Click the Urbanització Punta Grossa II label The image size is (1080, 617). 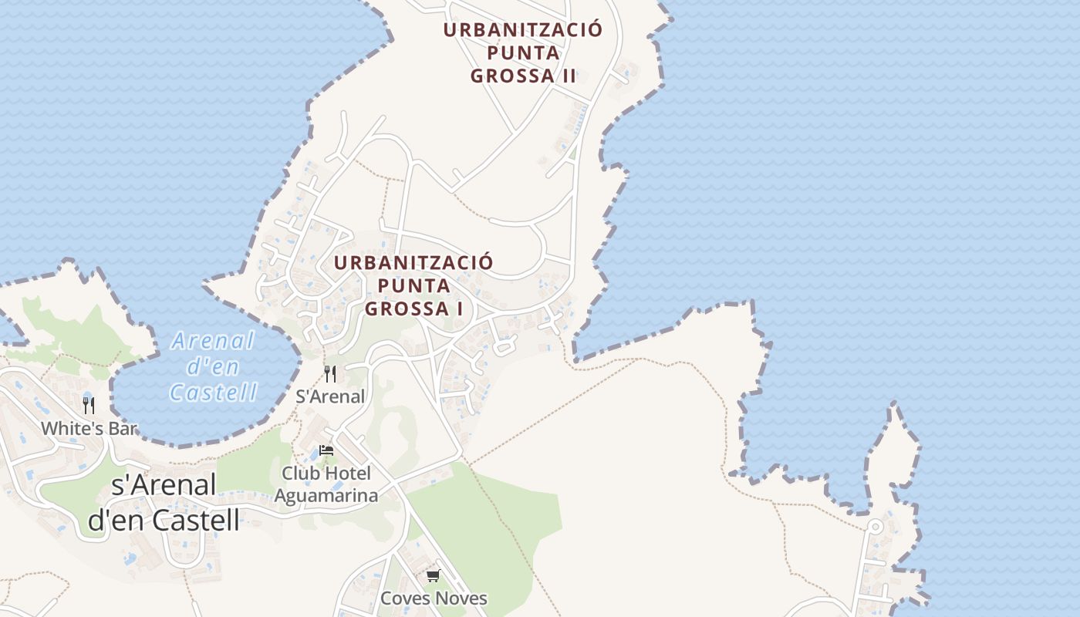pos(523,53)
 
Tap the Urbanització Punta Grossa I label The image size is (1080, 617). pos(413,285)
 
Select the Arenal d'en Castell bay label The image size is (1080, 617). pos(213,366)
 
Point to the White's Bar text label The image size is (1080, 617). pos(89,429)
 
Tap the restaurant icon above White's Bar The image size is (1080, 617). pos(89,406)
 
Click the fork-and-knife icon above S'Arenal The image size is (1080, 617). pos(330,374)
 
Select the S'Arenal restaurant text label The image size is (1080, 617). pos(330,396)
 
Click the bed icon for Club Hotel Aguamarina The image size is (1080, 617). pos(326,450)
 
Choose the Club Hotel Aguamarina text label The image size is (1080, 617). pos(326,484)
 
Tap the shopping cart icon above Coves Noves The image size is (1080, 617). pos(434,576)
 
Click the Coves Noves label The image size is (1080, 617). pos(434,598)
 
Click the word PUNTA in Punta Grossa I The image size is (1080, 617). pos(414,285)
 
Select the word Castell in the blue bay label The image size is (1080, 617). pos(213,393)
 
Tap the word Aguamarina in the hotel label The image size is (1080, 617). pos(326,495)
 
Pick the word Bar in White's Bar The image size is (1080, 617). pos(121,429)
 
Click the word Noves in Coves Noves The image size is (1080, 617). pos(461,598)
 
